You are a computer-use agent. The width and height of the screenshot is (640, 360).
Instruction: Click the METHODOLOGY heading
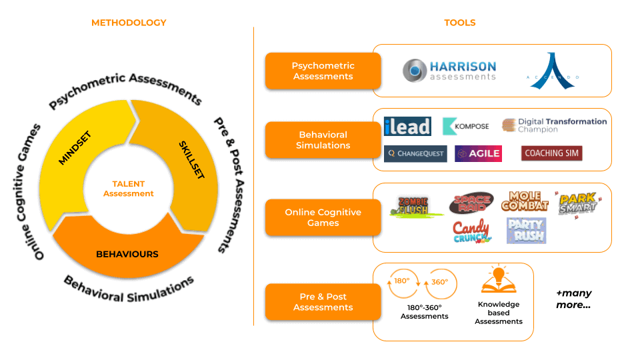coord(129,23)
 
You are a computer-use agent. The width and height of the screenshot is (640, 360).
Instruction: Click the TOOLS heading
coord(460,23)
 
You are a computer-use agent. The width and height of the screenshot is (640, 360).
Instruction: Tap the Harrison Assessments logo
coord(449,71)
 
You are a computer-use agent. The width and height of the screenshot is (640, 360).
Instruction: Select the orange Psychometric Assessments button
coord(323,71)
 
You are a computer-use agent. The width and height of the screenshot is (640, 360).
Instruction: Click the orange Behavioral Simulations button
coord(323,140)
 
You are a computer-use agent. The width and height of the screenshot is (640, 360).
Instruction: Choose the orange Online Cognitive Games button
coord(323,217)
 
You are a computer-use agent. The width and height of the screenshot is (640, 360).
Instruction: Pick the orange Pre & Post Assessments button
coord(323,302)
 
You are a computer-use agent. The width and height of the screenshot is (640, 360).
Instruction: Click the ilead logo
coord(407,126)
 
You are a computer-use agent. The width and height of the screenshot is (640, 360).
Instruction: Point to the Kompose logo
coord(466,126)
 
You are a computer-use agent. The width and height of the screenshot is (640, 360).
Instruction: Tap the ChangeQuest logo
coord(415,153)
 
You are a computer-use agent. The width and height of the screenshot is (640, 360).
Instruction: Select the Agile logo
coord(478,153)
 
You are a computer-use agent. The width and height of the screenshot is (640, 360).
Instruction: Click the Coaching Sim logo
coord(551,153)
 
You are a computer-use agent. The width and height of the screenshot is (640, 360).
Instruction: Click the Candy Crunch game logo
coord(471,231)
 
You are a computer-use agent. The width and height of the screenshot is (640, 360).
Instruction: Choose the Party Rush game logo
coord(526,230)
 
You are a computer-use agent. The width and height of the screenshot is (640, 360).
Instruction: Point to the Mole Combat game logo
coord(525,201)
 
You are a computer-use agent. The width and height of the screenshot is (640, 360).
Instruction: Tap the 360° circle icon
coord(441,282)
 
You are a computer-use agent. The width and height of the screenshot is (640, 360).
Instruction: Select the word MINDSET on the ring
coord(75,149)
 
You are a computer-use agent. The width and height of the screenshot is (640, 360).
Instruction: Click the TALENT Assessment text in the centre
coord(129,189)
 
